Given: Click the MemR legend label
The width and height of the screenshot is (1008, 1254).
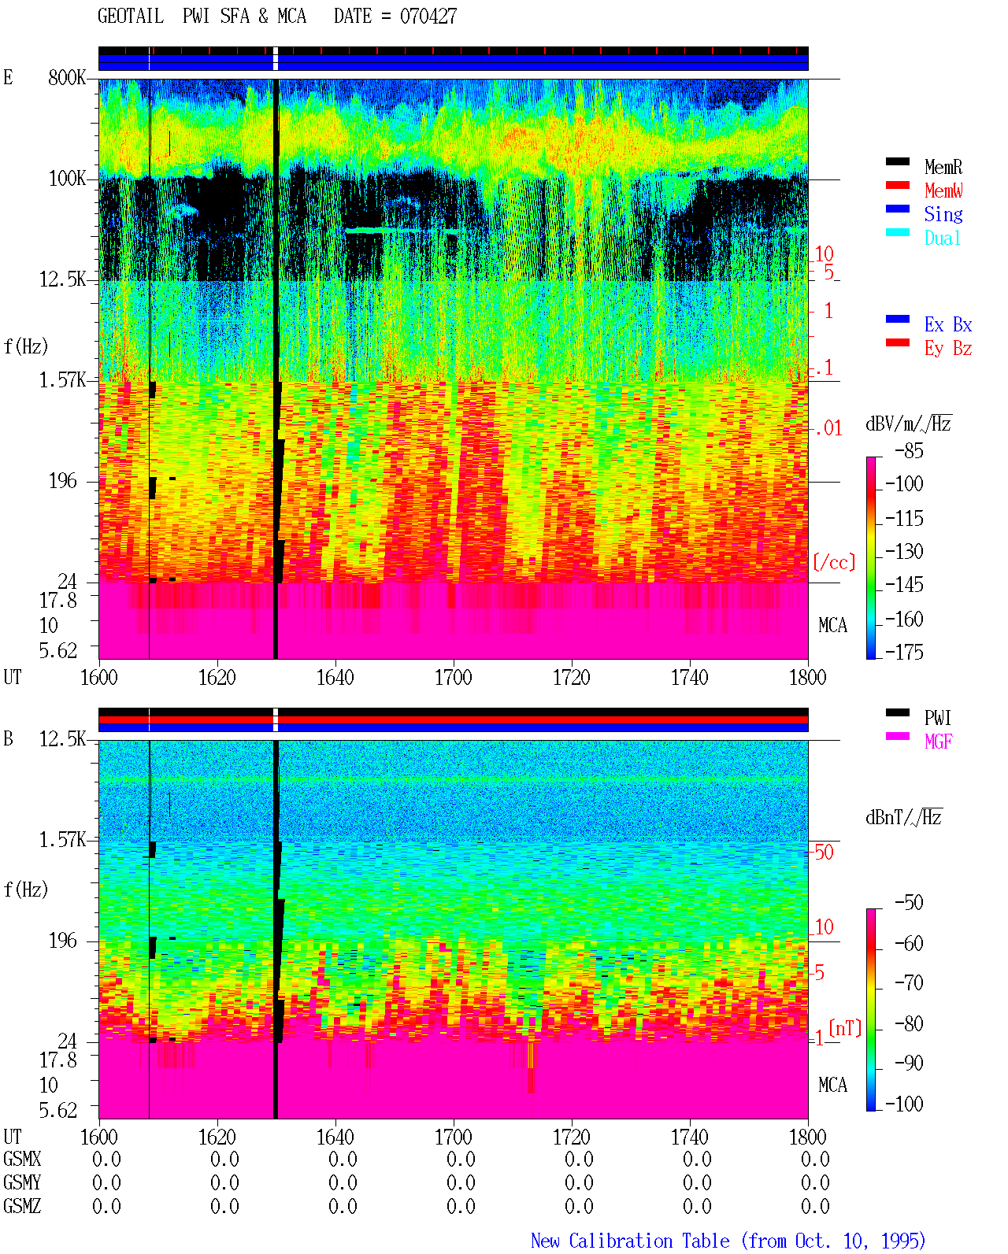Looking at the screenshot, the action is [943, 167].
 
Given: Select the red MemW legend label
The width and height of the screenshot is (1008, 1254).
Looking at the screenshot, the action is [943, 191].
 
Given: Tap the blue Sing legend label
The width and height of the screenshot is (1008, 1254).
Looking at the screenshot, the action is [943, 214].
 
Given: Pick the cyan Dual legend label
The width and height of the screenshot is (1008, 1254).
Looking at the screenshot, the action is [942, 238].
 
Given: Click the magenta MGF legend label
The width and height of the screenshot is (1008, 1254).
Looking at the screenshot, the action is [938, 742].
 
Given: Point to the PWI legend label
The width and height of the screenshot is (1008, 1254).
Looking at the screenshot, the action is [937, 717].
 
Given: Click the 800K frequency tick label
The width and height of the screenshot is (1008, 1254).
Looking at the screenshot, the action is [67, 77].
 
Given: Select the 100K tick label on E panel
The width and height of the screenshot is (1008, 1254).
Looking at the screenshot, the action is [67, 179].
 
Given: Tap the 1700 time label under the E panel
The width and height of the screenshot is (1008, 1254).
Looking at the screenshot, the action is [453, 678].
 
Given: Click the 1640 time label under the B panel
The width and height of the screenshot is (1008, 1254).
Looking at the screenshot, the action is [335, 1137].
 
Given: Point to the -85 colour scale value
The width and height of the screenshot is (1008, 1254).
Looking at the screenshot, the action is [909, 451].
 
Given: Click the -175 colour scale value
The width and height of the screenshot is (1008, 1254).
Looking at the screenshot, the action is [904, 652].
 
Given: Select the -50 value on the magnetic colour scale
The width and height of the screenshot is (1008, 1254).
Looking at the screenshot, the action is [909, 903].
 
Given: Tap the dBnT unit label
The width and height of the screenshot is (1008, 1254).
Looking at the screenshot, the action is [903, 818].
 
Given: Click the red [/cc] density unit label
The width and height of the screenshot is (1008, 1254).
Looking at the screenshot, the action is [834, 562].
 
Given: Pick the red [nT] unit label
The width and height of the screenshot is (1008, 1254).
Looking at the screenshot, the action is [845, 1029].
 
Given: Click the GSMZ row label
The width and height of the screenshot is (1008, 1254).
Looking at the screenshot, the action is [22, 1206].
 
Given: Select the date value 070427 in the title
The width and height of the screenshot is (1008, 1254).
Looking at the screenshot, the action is [428, 17].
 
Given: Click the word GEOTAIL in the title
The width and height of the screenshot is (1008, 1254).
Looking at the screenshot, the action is [131, 17].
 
